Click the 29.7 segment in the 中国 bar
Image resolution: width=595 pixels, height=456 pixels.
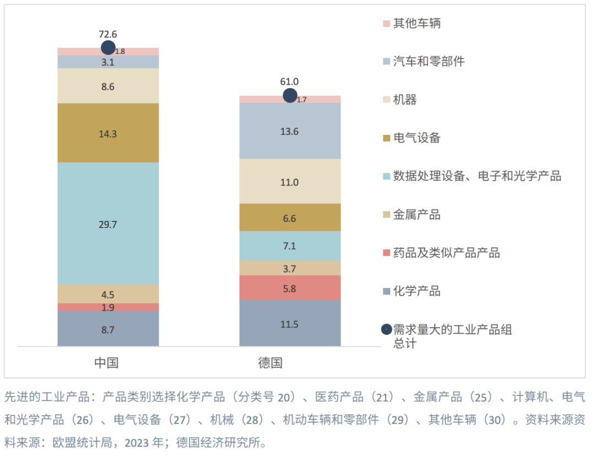tap(108, 224)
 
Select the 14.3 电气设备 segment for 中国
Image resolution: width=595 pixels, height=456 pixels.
tap(108, 133)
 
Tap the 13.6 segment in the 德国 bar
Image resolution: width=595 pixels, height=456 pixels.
tap(290, 131)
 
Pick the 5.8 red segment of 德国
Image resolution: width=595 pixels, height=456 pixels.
tap(290, 287)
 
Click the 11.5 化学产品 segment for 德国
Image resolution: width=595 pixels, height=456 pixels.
tap(290, 324)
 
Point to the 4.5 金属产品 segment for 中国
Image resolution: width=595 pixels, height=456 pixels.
tap(108, 294)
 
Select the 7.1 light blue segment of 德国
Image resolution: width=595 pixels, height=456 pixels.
tap(290, 246)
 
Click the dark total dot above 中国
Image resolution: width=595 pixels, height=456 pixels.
tap(109, 48)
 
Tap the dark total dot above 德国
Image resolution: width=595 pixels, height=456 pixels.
tap(290, 95)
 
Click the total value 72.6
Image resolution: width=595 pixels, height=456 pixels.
tap(108, 34)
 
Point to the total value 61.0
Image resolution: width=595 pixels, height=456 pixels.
tap(290, 82)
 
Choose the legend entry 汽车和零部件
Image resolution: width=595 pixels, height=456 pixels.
tap(428, 61)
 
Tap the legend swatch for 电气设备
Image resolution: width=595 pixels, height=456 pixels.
tap(386, 138)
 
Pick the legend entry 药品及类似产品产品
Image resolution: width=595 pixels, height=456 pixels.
tap(446, 253)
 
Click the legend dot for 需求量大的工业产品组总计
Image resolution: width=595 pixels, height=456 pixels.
tap(386, 329)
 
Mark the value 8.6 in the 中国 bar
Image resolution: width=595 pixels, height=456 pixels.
tap(108, 86)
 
